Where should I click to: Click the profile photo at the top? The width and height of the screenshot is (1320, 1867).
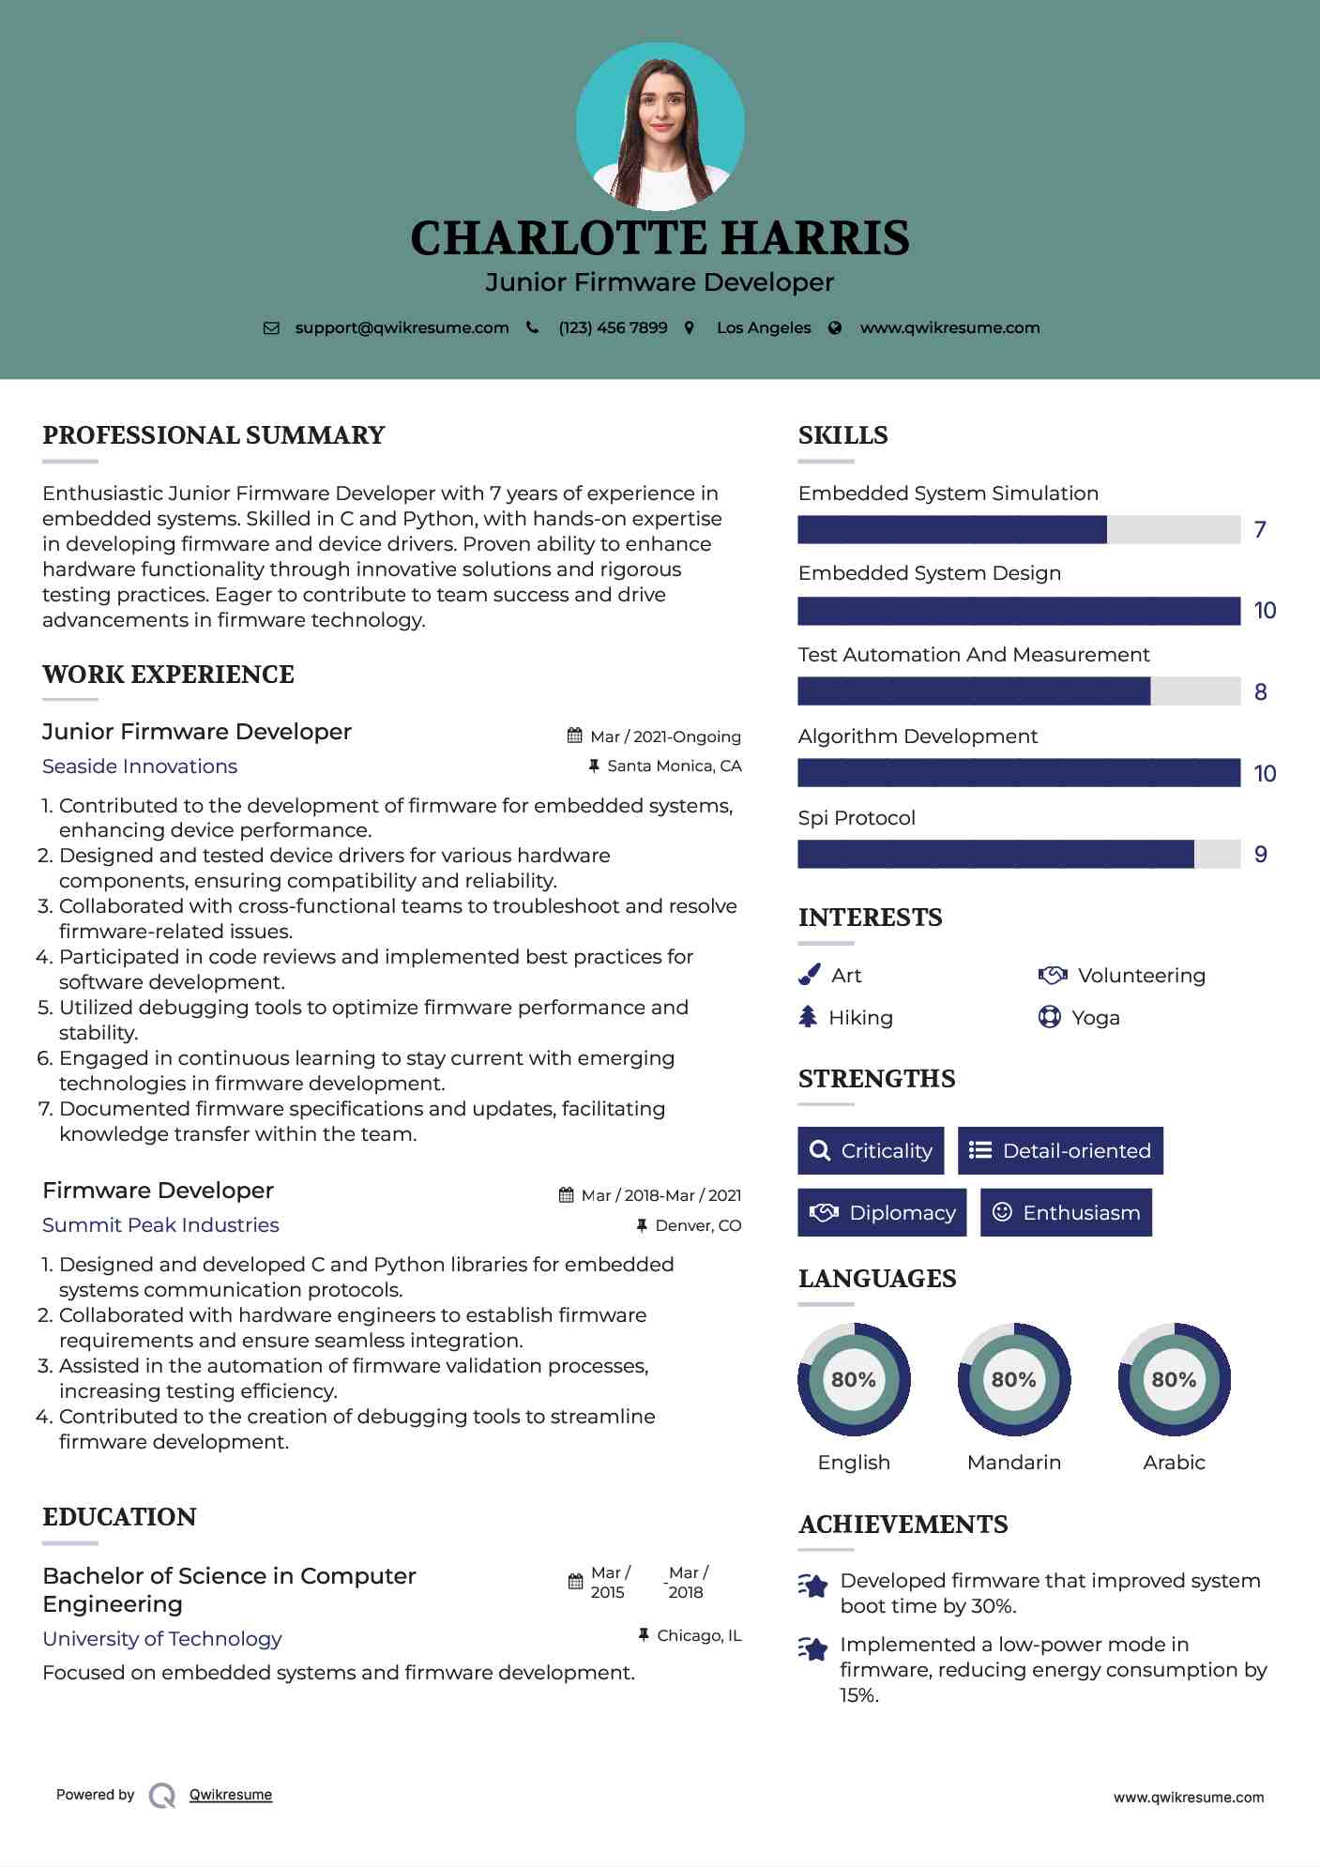tap(660, 127)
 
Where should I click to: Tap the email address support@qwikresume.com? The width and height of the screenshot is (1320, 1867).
tap(402, 327)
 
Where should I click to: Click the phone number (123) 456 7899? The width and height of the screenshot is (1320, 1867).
tap(613, 327)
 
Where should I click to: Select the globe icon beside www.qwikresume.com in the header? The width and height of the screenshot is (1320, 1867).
tap(835, 327)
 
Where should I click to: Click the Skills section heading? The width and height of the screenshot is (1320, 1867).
tap(842, 435)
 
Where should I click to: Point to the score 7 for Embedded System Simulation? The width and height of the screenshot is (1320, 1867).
tap(1260, 530)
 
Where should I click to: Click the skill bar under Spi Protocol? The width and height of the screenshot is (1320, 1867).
tap(1018, 854)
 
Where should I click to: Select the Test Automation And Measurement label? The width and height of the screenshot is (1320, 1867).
tap(973, 655)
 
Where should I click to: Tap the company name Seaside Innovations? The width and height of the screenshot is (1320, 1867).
tap(140, 767)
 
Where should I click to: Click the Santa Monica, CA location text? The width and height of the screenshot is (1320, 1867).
tap(674, 766)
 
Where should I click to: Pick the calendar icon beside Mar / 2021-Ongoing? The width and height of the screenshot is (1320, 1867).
tap(575, 736)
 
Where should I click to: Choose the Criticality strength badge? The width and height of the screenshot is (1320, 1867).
tap(871, 1150)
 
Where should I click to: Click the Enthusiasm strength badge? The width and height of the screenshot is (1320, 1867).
tap(1066, 1212)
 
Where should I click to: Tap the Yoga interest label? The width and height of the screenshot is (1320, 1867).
tap(1095, 1018)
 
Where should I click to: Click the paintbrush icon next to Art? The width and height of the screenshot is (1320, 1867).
tap(809, 976)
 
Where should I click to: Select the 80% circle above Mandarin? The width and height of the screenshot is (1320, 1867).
tap(1013, 1379)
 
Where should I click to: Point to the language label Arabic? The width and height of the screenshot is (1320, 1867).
tap(1174, 1462)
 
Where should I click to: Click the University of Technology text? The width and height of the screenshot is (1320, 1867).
tap(162, 1639)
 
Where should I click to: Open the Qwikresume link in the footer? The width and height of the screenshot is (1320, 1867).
tap(231, 1795)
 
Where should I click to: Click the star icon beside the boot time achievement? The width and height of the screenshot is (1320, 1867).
tap(813, 1586)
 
